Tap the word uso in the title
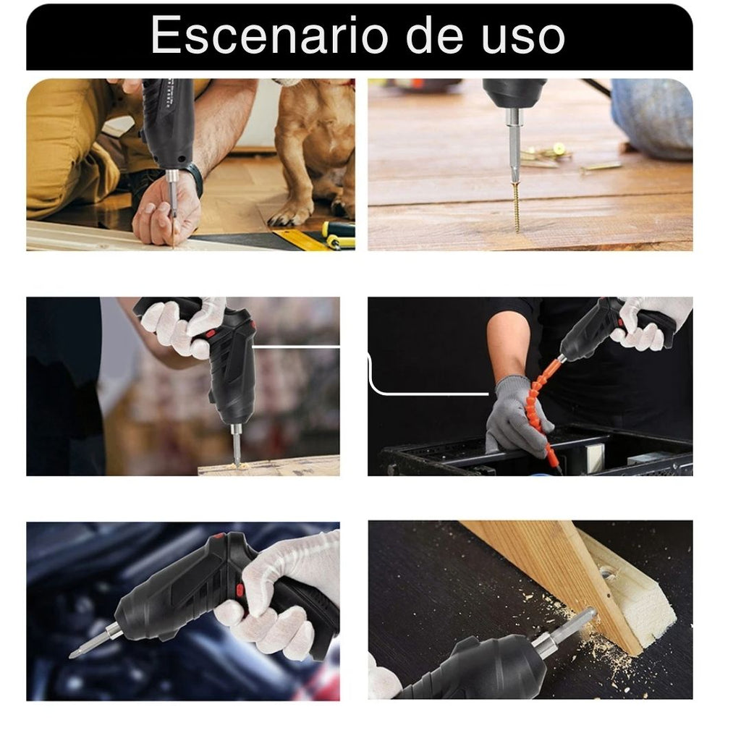523,36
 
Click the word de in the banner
434,34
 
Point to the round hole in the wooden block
607,574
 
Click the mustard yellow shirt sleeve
72,152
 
